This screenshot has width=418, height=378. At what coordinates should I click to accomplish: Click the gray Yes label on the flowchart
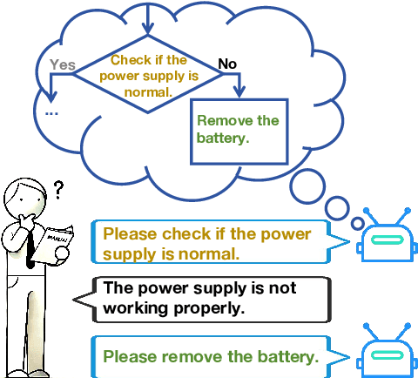[x=63, y=64]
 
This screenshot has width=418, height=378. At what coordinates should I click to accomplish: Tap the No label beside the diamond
[x=226, y=64]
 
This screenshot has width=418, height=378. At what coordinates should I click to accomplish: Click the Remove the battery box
[x=239, y=130]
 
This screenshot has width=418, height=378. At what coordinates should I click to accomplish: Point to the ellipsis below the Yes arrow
[x=51, y=111]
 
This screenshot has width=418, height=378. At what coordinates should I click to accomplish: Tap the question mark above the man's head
[x=58, y=189]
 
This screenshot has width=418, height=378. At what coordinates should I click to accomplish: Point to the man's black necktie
[x=30, y=247]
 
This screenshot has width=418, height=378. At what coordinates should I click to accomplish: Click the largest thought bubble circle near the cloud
[x=310, y=184]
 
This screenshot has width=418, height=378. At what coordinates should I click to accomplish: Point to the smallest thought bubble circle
[x=357, y=223]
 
